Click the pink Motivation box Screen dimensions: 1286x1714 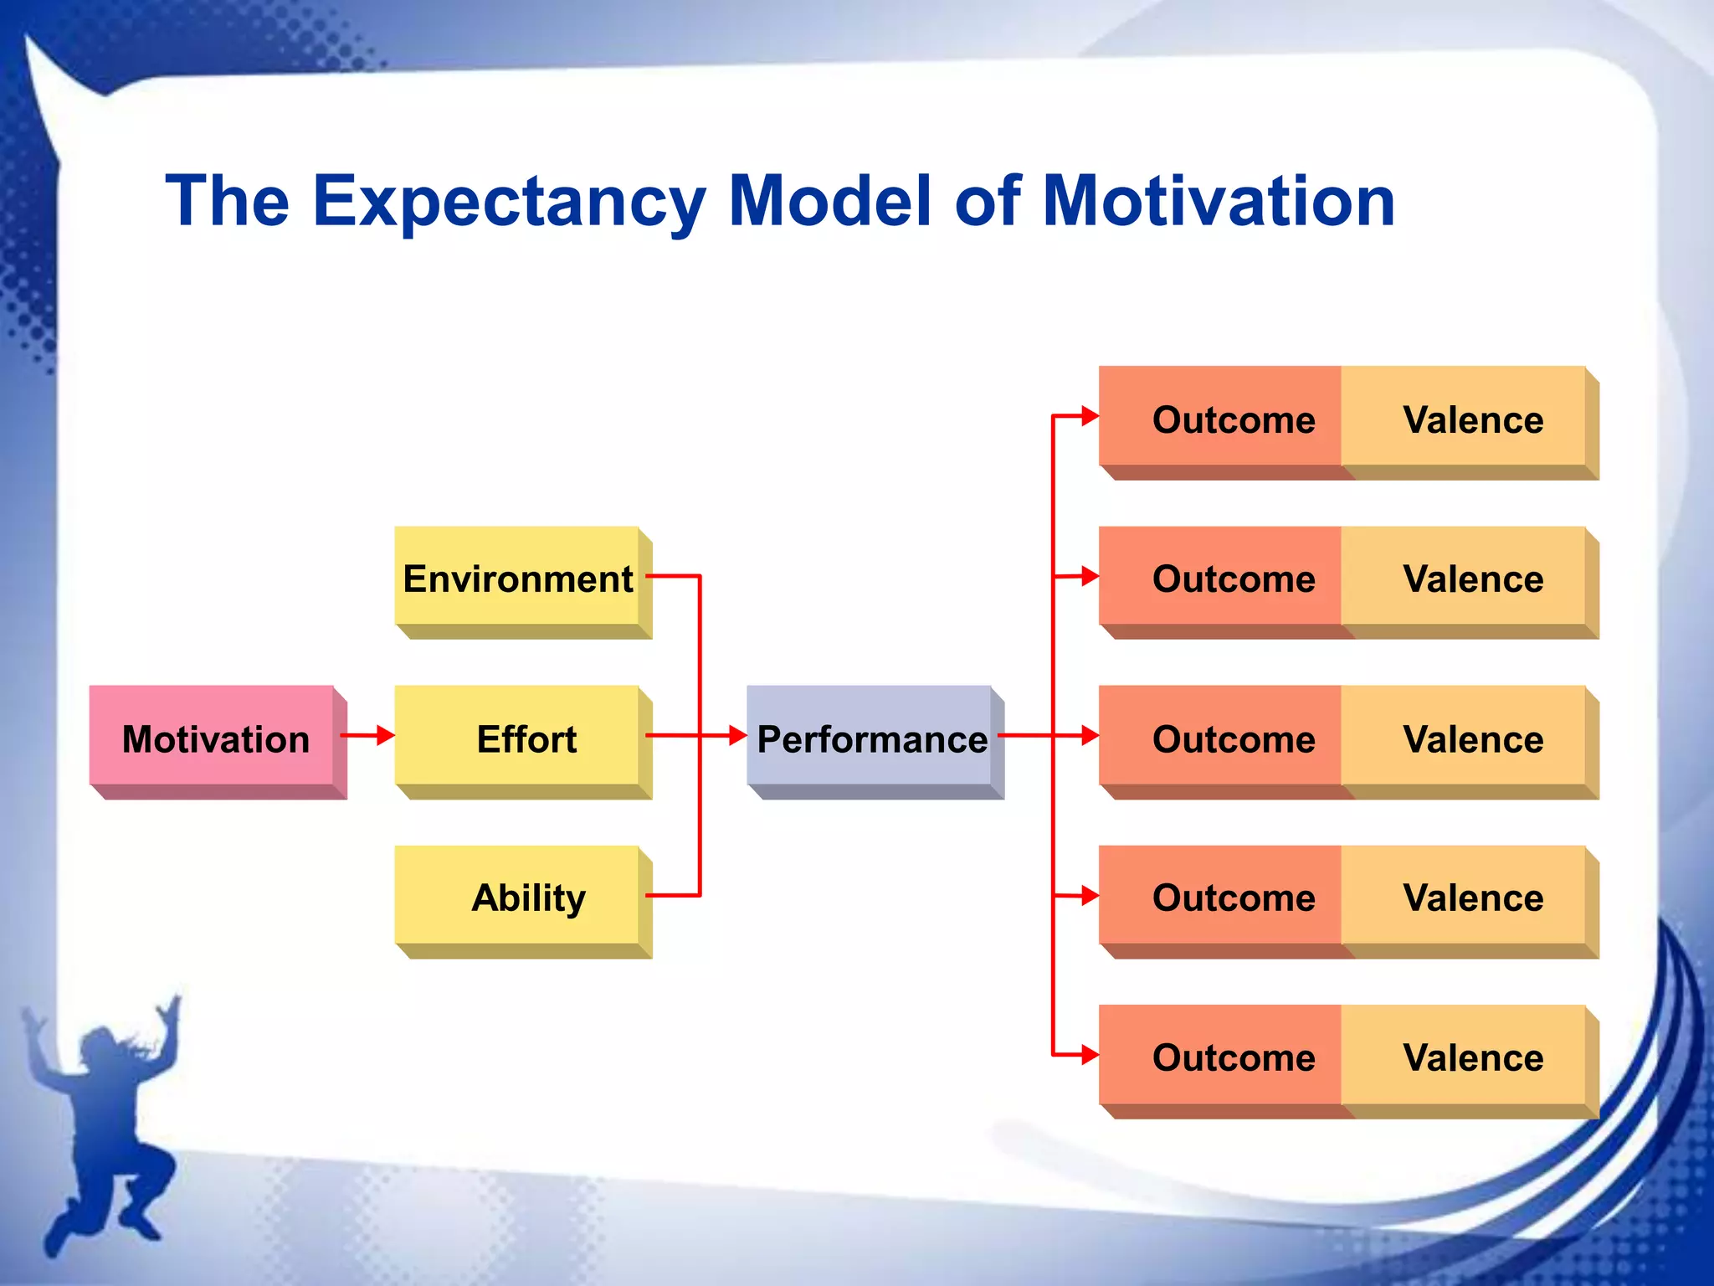click(x=215, y=738)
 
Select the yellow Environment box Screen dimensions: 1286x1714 click(x=518, y=579)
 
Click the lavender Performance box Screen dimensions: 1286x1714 click(x=870, y=738)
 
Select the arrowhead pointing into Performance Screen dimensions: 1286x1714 click(x=737, y=735)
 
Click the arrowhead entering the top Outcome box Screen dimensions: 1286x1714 click(x=1089, y=415)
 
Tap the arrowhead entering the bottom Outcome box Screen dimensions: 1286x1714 click(x=1089, y=1054)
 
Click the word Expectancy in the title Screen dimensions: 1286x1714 click(x=509, y=202)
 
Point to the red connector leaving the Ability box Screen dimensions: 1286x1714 click(x=674, y=895)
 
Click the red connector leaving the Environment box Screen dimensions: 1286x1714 click(x=674, y=576)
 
